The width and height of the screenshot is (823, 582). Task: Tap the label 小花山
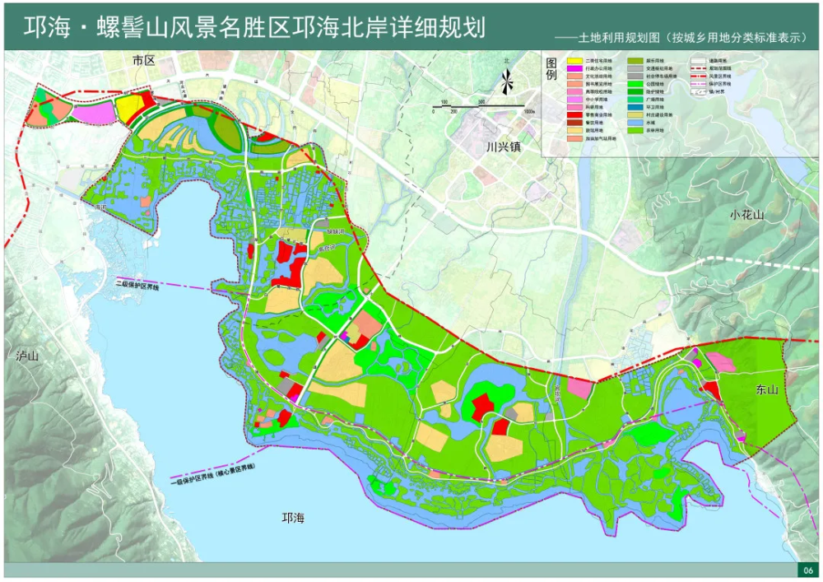746,215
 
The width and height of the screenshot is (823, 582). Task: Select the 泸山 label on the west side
27,356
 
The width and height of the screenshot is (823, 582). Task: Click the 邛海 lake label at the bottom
293,518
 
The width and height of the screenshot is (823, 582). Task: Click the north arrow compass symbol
508,81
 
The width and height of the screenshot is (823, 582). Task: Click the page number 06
807,570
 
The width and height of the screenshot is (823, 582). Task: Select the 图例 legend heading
551,69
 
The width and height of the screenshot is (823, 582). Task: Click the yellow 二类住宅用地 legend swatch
574,61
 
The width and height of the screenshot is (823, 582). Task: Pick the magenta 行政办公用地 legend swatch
574,68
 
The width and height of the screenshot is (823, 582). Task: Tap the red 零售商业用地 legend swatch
574,114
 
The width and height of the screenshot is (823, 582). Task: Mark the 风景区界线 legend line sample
698,77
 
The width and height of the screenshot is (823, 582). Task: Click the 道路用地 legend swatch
698,61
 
